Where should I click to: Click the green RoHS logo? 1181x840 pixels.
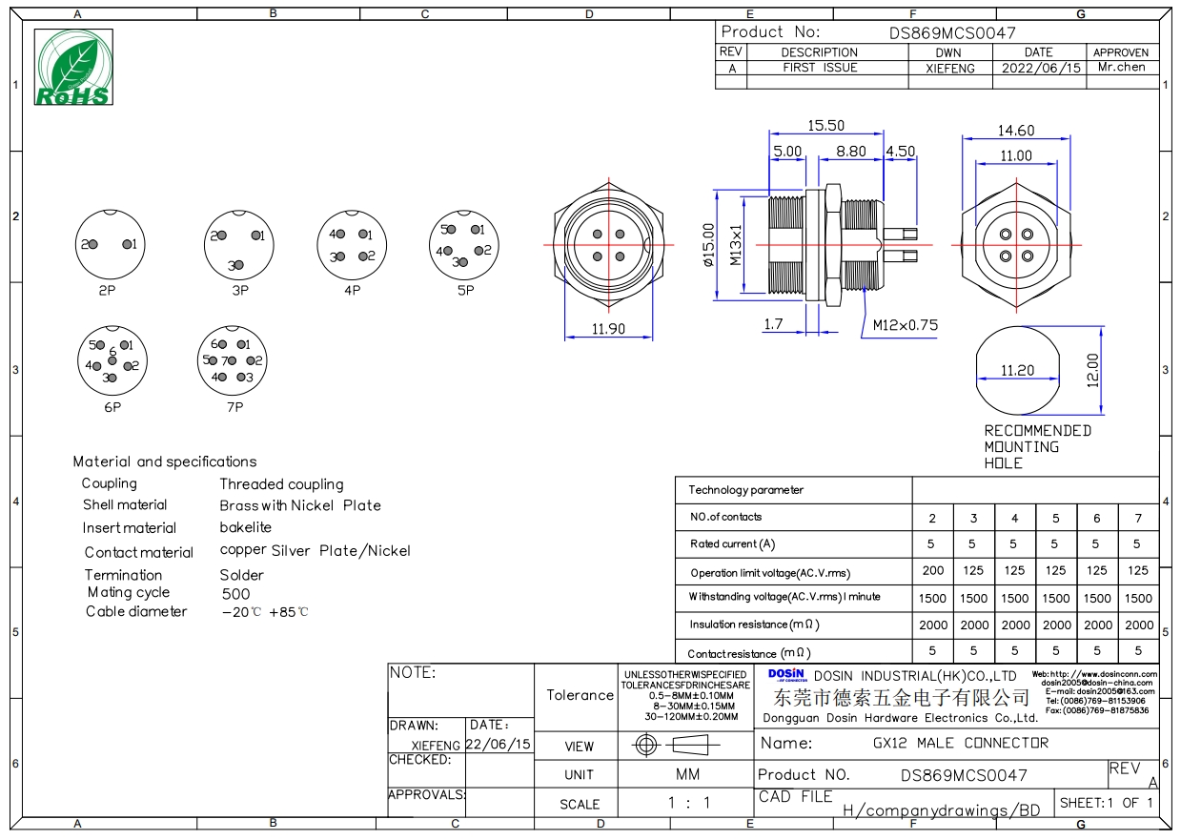[73, 67]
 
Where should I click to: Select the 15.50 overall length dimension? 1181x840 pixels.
[825, 126]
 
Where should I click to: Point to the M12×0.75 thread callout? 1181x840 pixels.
[906, 325]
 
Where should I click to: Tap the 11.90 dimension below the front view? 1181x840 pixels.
[608, 329]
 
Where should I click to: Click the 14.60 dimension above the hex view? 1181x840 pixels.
[1015, 131]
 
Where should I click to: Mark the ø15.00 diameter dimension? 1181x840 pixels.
[708, 245]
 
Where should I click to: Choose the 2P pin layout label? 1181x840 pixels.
[107, 291]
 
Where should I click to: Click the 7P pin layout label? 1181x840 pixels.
[235, 407]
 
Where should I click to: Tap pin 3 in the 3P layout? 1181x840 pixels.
[239, 265]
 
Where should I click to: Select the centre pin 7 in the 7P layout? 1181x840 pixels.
[232, 360]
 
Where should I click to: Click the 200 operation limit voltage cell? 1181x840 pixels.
[932, 570]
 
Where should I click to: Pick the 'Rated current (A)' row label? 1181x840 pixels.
[732, 543]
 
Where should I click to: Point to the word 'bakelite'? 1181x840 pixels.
[245, 527]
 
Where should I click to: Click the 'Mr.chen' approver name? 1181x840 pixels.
[1121, 67]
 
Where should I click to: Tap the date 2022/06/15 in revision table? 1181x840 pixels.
[1041, 68]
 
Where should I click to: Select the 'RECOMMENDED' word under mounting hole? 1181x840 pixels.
[1038, 431]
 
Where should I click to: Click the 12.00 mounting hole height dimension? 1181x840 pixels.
[1092, 370]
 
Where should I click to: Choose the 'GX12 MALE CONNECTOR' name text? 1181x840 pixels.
[961, 743]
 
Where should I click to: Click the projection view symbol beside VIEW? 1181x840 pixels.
[676, 745]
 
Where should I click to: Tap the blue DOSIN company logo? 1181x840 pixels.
[787, 675]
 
